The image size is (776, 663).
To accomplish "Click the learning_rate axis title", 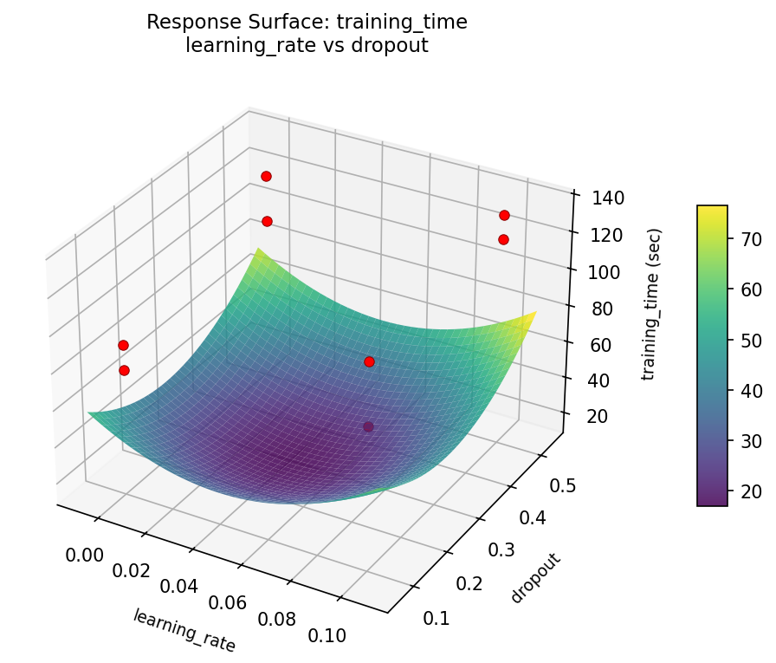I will [x=184, y=630].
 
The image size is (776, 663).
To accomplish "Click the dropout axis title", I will [x=535, y=578].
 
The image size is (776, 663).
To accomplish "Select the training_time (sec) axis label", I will [x=656, y=303].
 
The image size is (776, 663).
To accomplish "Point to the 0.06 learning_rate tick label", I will [x=230, y=603].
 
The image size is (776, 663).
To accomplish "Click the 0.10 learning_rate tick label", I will [x=327, y=635].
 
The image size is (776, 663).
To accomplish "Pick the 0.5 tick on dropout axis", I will [x=562, y=485].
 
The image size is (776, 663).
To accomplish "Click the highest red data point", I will [x=266, y=176].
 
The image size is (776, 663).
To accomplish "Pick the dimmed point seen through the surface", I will [x=368, y=426].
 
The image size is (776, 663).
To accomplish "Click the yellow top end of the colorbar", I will [x=712, y=210].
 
